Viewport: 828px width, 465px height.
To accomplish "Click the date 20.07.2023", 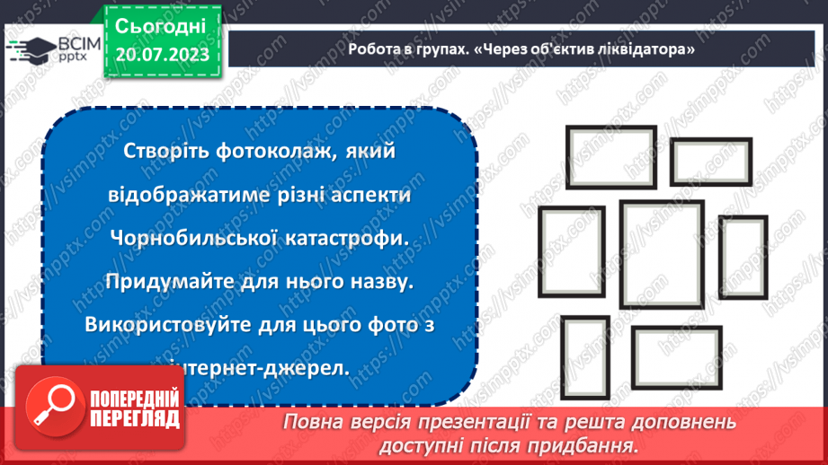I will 161,55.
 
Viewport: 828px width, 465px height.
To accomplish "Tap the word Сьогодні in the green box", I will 161,25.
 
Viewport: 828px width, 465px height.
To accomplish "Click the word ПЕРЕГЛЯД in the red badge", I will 133,418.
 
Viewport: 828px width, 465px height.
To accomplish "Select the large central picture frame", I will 661,254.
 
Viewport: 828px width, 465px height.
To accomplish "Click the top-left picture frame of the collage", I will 600,157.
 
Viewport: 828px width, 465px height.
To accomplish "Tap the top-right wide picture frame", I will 710,162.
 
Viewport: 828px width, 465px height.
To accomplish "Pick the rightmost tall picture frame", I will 742,257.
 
